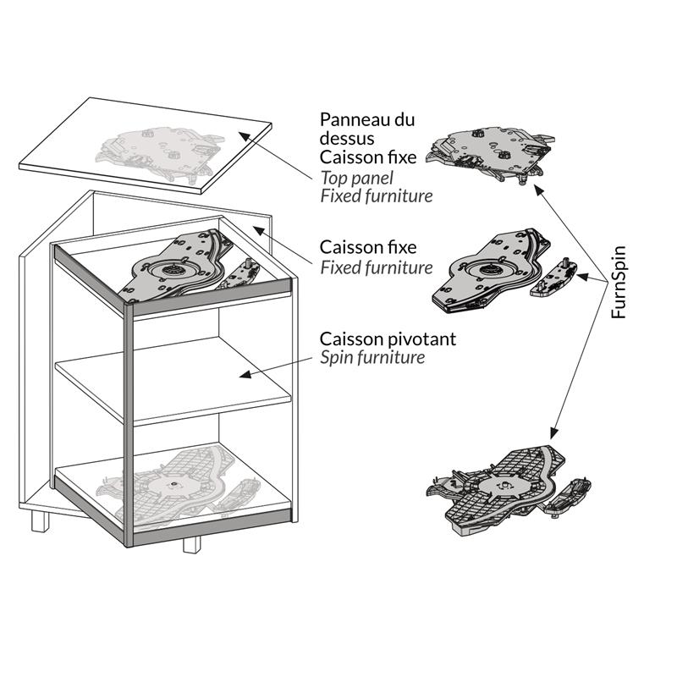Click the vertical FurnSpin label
619,283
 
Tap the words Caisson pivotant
388,339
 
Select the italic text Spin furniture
372,357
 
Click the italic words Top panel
357,178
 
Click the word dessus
347,138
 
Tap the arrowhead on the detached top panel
245,136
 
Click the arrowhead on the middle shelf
245,374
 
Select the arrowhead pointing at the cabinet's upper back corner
258,230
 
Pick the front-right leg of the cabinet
192,544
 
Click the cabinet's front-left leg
40,521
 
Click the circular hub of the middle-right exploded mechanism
487,271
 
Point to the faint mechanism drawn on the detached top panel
160,152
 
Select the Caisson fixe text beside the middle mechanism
368,247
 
